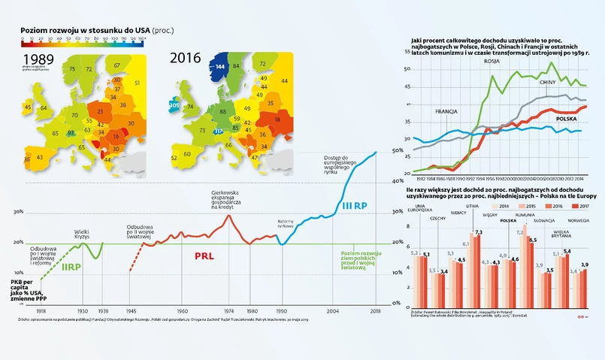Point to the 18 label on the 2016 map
click(x=278, y=119)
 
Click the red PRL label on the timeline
click(x=204, y=256)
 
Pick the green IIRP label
click(x=71, y=267)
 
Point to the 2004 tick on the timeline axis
click(x=333, y=310)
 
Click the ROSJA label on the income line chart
click(x=492, y=61)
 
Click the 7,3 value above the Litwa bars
click(x=479, y=232)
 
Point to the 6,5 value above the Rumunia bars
click(x=532, y=240)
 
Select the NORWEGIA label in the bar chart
click(x=579, y=221)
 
